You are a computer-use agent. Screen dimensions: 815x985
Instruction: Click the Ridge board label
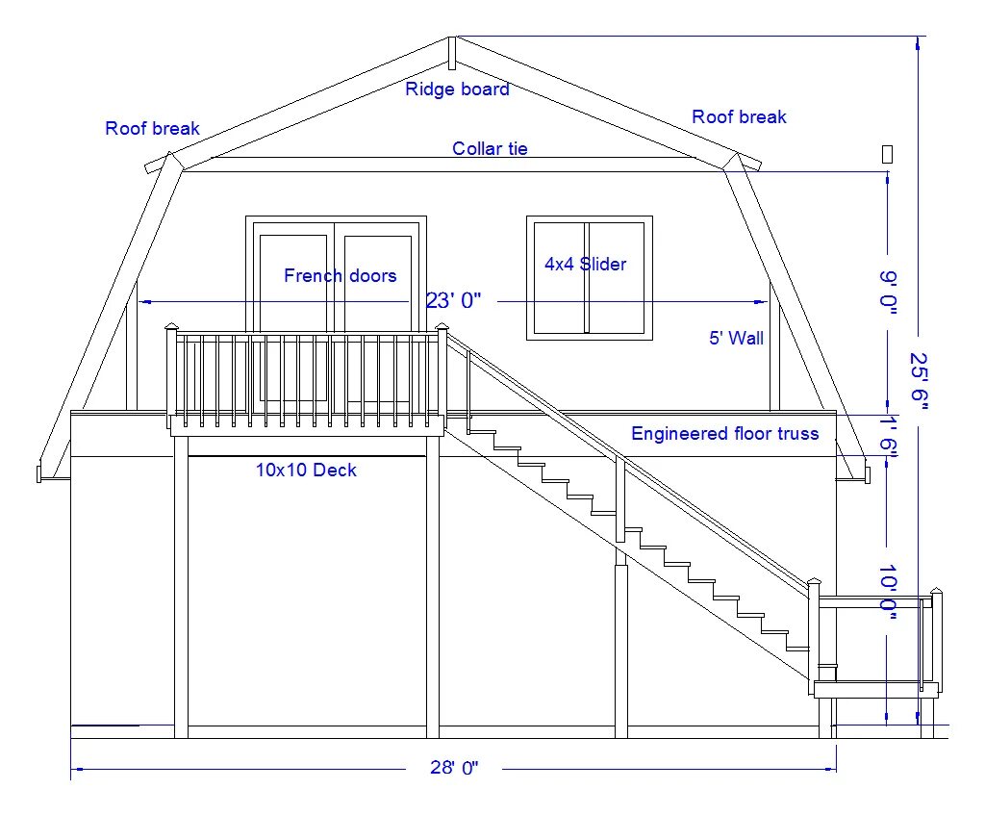click(x=457, y=89)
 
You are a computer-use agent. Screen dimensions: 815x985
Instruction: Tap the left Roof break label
click(x=152, y=128)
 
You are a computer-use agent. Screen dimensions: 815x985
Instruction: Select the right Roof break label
click(x=739, y=117)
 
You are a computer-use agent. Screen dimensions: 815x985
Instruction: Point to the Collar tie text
click(x=490, y=149)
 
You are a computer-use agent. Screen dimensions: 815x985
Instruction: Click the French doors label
click(x=340, y=276)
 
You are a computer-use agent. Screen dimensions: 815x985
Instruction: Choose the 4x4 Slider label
click(x=585, y=265)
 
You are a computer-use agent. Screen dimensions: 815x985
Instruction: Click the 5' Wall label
click(x=736, y=338)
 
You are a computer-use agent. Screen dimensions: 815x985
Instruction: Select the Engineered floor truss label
click(x=724, y=434)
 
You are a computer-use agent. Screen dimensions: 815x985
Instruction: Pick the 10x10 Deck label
click(x=306, y=471)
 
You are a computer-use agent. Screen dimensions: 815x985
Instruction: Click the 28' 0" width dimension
click(x=453, y=768)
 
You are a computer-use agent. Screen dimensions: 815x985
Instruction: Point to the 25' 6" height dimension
click(x=920, y=380)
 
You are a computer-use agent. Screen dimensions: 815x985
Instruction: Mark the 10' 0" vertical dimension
click(x=887, y=595)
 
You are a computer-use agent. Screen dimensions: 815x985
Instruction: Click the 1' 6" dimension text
click(x=887, y=438)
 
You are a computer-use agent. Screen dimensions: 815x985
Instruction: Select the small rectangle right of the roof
click(x=887, y=154)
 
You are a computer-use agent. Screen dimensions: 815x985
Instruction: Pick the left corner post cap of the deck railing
click(x=172, y=327)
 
